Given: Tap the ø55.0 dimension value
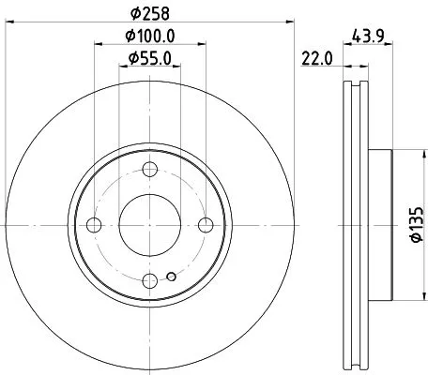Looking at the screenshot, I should [x=150, y=60].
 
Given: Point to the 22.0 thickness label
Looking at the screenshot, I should [x=317, y=60].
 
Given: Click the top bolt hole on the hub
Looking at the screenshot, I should [x=150, y=169].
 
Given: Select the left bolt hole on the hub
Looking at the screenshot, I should [x=94, y=224].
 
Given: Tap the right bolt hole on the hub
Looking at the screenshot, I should [x=206, y=224].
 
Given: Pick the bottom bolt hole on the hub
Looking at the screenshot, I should [x=150, y=279].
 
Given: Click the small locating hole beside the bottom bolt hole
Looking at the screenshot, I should [x=170, y=277].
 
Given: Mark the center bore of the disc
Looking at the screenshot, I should [x=150, y=224].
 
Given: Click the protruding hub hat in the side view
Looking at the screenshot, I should [x=378, y=224].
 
